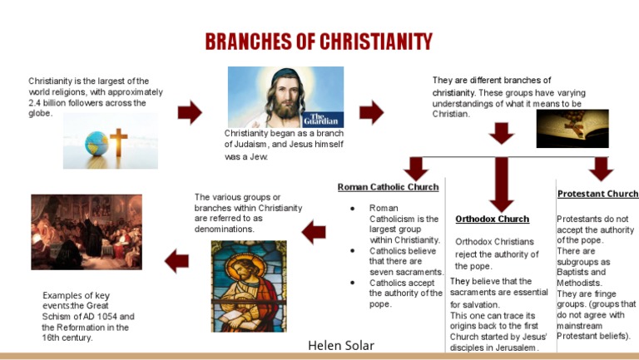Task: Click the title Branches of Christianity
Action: pyautogui.click(x=319, y=42)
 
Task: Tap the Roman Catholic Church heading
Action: pyautogui.click(x=388, y=187)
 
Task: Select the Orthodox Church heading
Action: pyautogui.click(x=492, y=219)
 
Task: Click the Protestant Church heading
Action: pyautogui.click(x=597, y=194)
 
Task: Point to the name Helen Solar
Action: pyautogui.click(x=341, y=345)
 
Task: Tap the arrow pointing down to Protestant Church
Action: pyautogui.click(x=600, y=168)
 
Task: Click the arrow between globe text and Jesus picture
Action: pyautogui.click(x=190, y=112)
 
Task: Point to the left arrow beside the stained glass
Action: pyautogui.click(x=314, y=232)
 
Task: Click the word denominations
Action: pyautogui.click(x=225, y=229)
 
